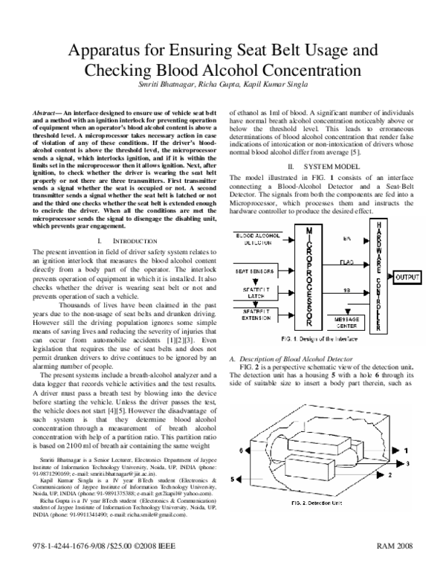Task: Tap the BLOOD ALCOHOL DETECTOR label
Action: [x=256, y=239]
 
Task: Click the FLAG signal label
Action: [x=347, y=261]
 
